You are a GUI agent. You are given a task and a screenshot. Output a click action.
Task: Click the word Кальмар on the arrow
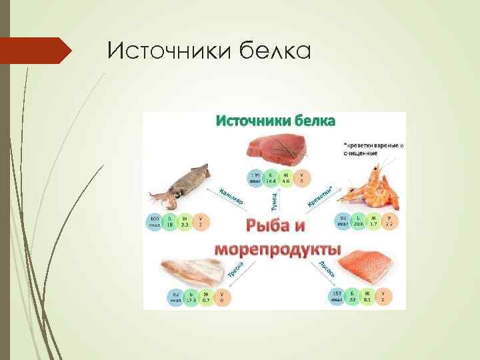click(231, 193)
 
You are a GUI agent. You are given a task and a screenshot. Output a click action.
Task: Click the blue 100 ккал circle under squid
click(155, 223)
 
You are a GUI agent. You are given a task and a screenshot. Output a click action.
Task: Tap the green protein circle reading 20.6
click(359, 221)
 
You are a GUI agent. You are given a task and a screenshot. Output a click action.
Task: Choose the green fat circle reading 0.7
click(207, 298)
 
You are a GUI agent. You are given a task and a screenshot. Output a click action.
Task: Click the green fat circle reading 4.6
click(287, 178)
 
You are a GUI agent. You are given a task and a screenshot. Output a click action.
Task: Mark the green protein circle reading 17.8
click(191, 298)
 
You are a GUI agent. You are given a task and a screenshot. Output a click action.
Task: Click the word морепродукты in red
click(277, 249)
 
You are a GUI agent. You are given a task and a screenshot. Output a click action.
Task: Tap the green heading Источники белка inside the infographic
click(275, 121)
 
